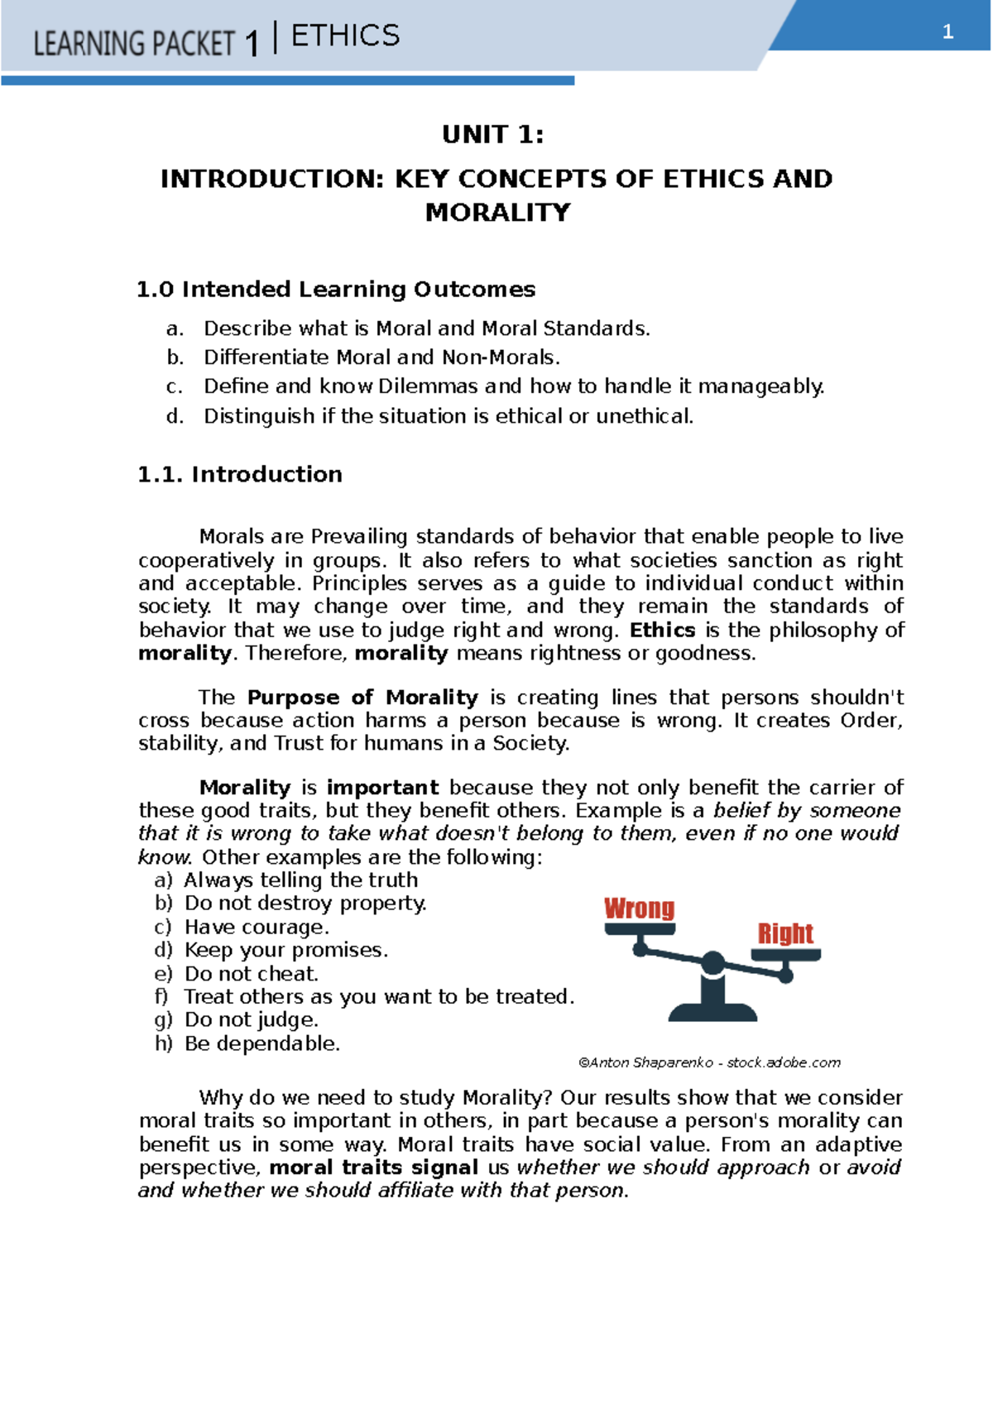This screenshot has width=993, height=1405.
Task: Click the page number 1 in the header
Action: click(x=947, y=33)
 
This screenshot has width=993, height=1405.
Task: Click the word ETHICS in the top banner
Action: click(x=345, y=36)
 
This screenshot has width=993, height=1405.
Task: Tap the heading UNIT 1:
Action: click(x=493, y=134)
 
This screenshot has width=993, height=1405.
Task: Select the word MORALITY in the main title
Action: click(x=497, y=213)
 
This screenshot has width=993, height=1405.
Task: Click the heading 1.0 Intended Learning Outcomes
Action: click(x=336, y=290)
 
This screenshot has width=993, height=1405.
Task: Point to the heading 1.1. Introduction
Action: click(x=240, y=474)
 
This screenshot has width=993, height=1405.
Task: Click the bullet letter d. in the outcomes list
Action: click(x=175, y=416)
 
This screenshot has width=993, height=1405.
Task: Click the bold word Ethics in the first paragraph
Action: click(x=662, y=631)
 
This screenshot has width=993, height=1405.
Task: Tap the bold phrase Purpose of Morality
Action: click(x=362, y=698)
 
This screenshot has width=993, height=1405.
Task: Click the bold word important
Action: click(x=382, y=788)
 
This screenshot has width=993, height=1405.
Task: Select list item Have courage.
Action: click(x=257, y=927)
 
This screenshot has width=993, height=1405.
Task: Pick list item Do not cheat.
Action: click(x=251, y=974)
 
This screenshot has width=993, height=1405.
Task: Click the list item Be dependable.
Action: click(x=261, y=1043)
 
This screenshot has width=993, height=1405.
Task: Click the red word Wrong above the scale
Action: click(x=639, y=908)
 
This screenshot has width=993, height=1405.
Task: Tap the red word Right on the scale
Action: click(x=785, y=933)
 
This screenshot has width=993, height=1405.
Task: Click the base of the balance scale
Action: click(x=712, y=1011)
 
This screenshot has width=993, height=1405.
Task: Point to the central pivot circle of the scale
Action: click(x=712, y=963)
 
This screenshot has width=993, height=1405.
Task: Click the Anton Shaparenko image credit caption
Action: click(x=709, y=1062)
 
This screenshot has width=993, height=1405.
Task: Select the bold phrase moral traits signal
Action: click(x=374, y=1168)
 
